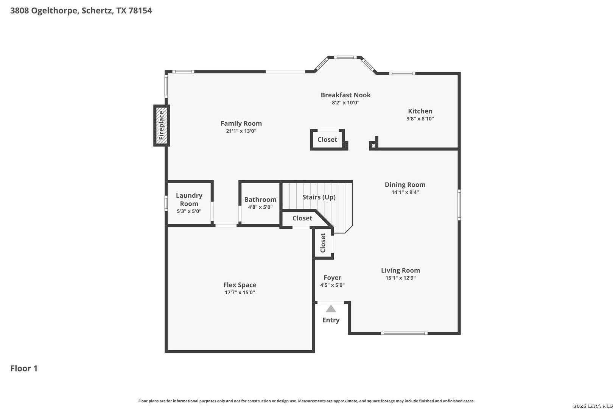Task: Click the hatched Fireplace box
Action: pyautogui.click(x=162, y=125)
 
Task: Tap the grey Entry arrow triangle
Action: pyautogui.click(x=331, y=309)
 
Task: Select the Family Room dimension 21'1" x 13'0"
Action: pyautogui.click(x=241, y=131)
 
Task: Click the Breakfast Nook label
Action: pyautogui.click(x=345, y=95)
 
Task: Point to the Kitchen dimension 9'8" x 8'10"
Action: pyautogui.click(x=420, y=119)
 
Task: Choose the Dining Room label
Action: pyautogui.click(x=405, y=185)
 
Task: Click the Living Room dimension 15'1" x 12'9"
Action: pyautogui.click(x=401, y=278)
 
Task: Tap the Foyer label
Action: pyautogui.click(x=333, y=278)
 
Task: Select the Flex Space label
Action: pyautogui.click(x=240, y=285)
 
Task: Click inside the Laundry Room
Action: pyautogui.click(x=189, y=203)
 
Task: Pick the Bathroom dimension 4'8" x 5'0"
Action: pyautogui.click(x=260, y=207)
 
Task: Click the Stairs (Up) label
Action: pyautogui.click(x=319, y=197)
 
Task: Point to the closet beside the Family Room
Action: pyautogui.click(x=327, y=140)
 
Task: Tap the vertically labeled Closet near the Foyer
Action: pyautogui.click(x=323, y=243)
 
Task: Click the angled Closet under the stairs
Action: pyautogui.click(x=302, y=219)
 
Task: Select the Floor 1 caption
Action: pyautogui.click(x=24, y=368)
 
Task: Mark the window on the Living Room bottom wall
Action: pyautogui.click(x=404, y=333)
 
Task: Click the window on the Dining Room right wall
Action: pyautogui.click(x=459, y=205)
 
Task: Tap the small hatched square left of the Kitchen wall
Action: pyautogui.click(x=373, y=145)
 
